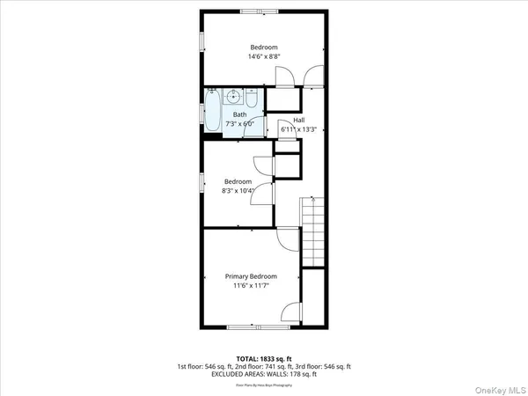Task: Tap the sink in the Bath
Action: tap(235, 96)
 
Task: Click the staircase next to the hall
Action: tap(313, 231)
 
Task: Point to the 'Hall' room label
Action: tap(298, 120)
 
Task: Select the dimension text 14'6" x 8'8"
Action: tap(263, 56)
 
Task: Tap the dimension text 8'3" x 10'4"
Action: tap(238, 190)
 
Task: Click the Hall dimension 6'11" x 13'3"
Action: tap(298, 129)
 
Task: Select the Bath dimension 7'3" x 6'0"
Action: tap(239, 124)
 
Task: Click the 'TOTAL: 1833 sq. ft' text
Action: tap(263, 358)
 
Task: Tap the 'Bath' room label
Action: tap(239, 115)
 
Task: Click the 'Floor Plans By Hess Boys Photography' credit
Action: tap(263, 385)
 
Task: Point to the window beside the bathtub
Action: tap(202, 112)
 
